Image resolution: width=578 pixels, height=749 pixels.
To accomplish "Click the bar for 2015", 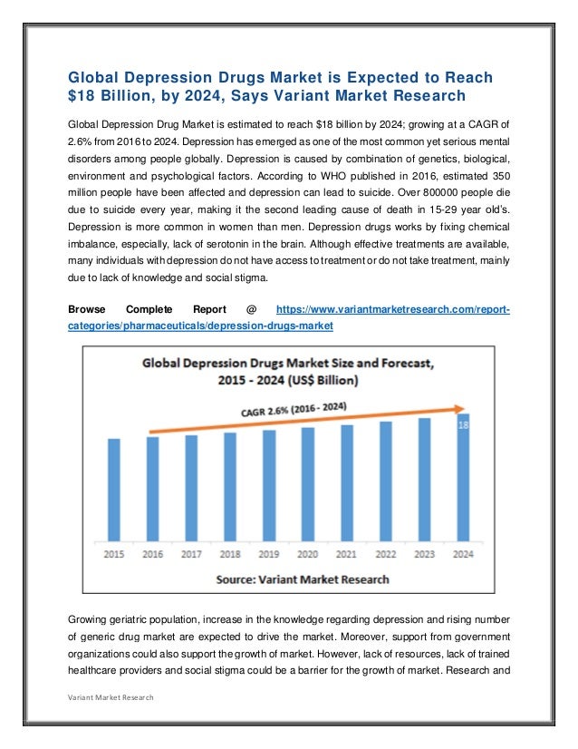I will click(x=114, y=490).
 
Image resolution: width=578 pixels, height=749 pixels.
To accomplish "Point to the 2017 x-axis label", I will click(x=191, y=553).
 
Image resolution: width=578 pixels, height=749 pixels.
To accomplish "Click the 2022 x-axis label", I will click(x=385, y=553).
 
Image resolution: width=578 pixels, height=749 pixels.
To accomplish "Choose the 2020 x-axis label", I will click(x=308, y=553).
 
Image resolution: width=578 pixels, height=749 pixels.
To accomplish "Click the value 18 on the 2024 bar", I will click(x=463, y=424).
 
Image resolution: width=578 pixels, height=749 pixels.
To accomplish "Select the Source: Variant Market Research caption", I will click(x=303, y=579).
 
